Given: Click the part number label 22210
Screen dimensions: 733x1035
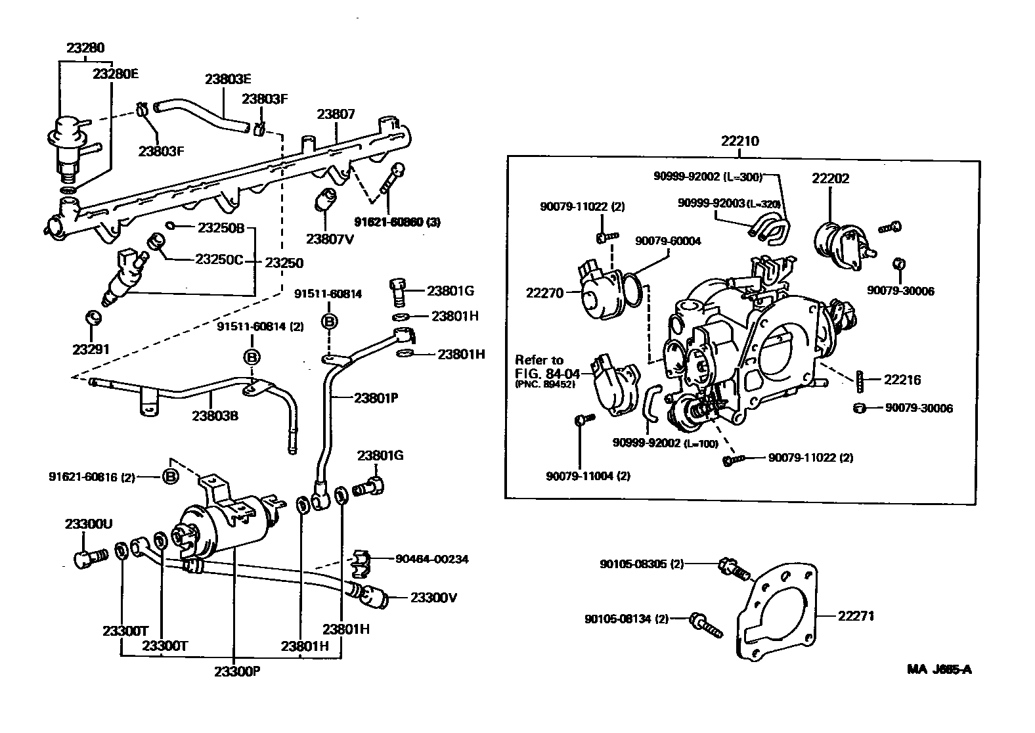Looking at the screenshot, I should tap(739, 141).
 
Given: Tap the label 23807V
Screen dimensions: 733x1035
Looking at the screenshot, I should tap(330, 239).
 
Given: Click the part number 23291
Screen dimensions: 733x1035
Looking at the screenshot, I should tap(91, 349).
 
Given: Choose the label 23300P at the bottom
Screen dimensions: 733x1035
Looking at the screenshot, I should tap(237, 671).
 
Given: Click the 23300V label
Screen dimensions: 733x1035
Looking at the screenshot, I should tap(433, 598).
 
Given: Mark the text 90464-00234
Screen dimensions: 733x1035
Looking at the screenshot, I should tap(432, 559).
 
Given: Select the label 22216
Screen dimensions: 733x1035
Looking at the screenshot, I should tap(902, 380).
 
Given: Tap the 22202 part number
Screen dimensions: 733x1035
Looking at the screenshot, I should tap(830, 178).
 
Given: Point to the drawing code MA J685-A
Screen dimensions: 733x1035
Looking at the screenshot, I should tap(939, 670).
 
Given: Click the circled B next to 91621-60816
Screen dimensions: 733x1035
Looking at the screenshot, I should tap(170, 476).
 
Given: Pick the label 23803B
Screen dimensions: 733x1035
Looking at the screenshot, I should tap(215, 416).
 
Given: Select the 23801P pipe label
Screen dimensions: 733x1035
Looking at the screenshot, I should tap(376, 397).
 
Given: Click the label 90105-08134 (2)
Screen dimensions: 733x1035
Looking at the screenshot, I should tap(626, 618).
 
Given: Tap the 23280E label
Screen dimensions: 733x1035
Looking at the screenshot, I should tap(115, 74).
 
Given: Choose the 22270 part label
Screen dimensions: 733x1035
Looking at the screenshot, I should tap(544, 293).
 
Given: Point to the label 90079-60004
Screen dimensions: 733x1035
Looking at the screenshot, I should tap(668, 241).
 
